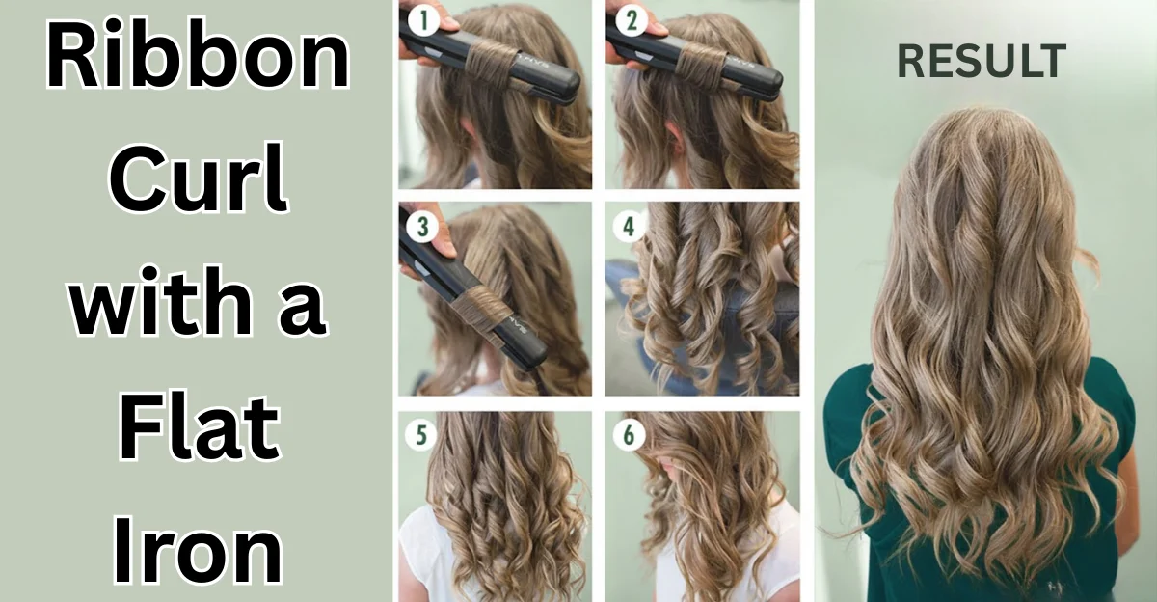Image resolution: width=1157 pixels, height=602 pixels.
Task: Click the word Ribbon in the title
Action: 198,60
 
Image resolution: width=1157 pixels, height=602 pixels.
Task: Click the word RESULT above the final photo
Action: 982,62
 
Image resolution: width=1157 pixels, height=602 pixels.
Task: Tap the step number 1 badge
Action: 420,19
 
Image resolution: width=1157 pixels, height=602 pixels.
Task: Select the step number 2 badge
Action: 629,19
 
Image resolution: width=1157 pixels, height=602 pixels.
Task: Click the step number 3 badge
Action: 420,228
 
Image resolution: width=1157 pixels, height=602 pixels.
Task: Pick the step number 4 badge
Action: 629,228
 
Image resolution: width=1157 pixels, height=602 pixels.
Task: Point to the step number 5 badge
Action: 420,436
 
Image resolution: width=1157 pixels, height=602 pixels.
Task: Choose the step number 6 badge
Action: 629,436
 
